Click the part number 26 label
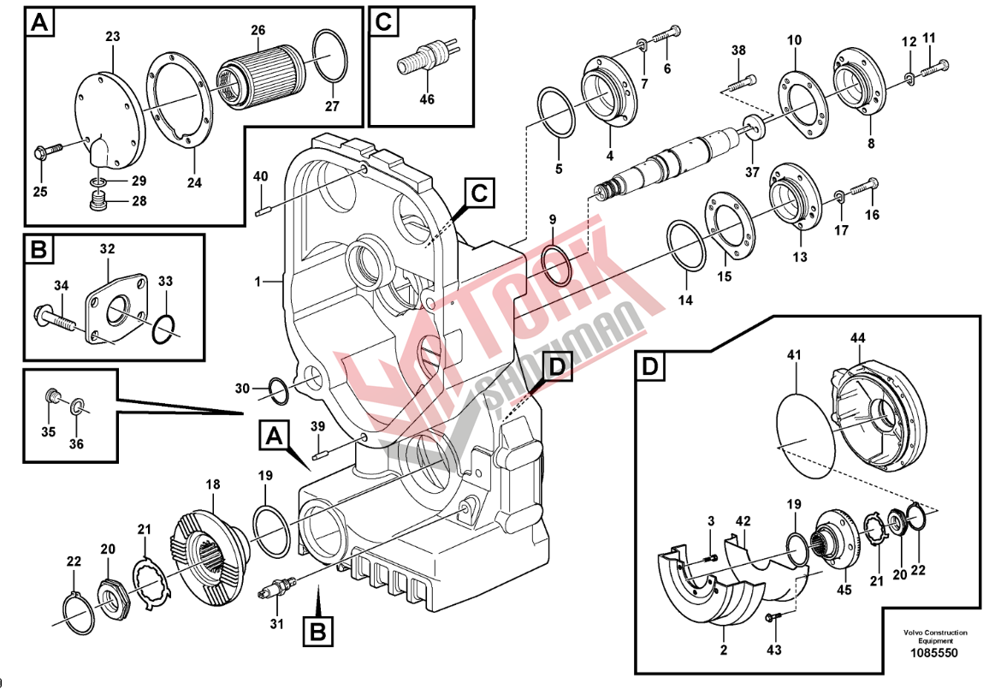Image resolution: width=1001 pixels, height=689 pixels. (258, 31)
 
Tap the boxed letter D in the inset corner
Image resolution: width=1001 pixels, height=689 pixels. (651, 368)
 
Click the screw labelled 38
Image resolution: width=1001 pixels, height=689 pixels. (741, 82)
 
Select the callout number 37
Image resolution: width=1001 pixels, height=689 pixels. (751, 172)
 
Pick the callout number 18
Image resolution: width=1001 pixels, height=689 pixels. (212, 484)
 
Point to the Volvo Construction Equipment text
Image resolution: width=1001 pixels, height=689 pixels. (934, 637)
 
